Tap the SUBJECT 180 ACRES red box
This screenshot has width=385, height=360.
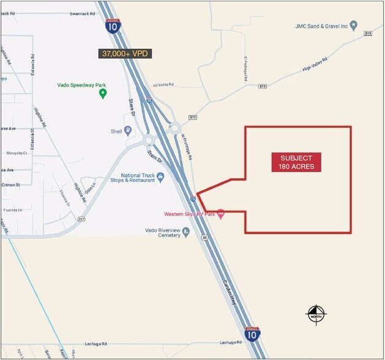296,163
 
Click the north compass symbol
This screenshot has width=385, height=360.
316,315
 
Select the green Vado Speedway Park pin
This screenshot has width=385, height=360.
103,93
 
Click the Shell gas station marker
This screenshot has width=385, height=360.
128,130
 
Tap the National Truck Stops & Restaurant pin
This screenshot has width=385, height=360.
160,178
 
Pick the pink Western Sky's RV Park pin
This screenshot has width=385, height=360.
221,214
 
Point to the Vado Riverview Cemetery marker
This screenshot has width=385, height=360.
185,233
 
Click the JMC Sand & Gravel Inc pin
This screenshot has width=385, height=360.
354,26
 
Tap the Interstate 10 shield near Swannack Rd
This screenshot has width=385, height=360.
113,26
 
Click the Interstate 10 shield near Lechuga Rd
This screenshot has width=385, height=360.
252,334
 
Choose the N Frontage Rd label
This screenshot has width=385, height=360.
187,148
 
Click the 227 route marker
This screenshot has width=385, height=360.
81,219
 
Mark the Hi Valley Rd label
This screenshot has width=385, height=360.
163,85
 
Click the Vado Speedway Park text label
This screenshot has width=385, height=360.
102,83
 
